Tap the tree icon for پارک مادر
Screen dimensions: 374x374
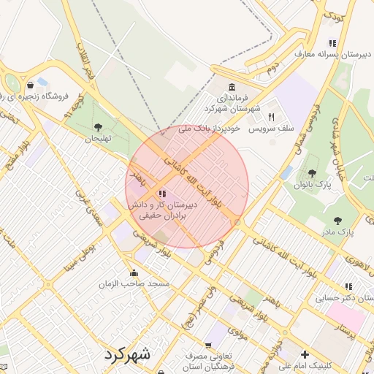click(337, 220)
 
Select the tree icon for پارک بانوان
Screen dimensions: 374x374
click(313, 173)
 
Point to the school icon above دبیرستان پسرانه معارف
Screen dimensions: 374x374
click(333, 43)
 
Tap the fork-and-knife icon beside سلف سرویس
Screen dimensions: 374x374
click(271, 117)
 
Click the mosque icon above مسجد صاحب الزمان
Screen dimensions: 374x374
click(132, 272)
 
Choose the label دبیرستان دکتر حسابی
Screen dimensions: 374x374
click(342, 298)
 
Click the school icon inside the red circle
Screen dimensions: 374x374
click(161, 194)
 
